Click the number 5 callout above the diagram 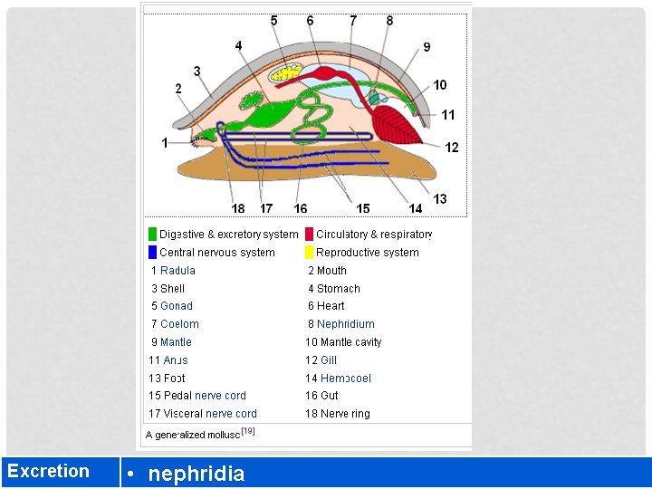pos(274,20)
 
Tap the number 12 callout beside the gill pos(452,148)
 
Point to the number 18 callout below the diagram pos(238,208)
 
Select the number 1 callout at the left pos(165,142)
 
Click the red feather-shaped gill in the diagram pos(395,123)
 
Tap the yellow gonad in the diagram pos(291,70)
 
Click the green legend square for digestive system pos(152,234)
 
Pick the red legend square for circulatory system pos(309,234)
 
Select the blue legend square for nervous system pos(152,252)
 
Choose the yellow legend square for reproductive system pos(309,252)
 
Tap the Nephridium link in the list pos(345,323)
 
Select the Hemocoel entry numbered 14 pos(345,378)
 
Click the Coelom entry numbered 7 pos(179,323)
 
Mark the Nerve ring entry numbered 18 pos(345,414)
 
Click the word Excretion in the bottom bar pos(49,471)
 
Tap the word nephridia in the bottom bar pos(196,473)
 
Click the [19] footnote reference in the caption pos(248,431)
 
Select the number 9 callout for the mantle pos(427,47)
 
